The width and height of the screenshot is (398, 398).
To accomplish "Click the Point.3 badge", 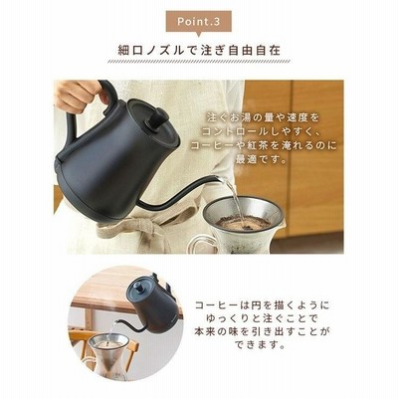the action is click(198, 23).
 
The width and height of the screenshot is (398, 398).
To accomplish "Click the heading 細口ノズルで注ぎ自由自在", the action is click(199, 50).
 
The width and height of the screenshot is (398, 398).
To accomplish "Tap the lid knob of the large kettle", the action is click(158, 118).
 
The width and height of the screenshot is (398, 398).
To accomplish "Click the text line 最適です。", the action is click(261, 160).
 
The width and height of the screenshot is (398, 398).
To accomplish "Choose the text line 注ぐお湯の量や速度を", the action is click(263, 117).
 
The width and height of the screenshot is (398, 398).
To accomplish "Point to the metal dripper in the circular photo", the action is click(108, 341).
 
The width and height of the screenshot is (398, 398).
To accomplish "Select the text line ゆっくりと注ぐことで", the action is click(262, 318).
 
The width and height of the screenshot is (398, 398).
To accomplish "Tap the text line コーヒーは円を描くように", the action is click(262, 305).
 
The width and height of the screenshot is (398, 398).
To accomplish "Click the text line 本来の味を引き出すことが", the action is click(262, 332).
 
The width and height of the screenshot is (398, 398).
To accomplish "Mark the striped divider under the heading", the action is click(199, 62).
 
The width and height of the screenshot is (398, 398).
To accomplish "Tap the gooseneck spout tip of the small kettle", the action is click(115, 321).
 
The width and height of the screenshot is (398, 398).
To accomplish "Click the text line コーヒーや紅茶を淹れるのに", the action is click(264, 145).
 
